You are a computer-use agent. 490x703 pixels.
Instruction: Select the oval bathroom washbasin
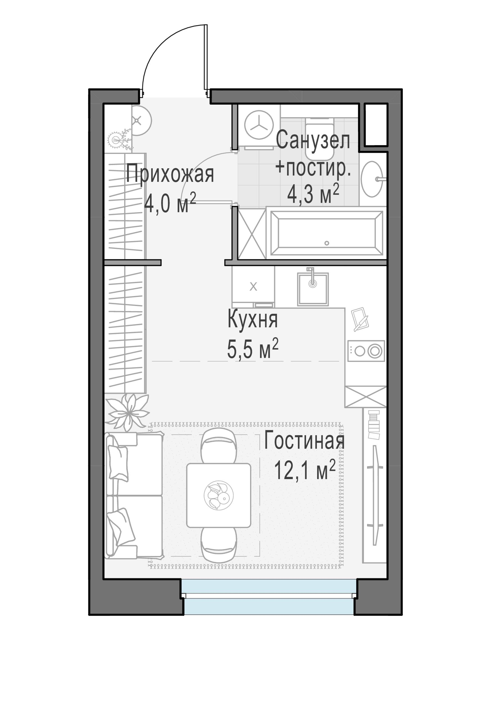[x=372, y=179]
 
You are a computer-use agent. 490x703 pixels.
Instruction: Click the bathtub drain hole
[x=327, y=243]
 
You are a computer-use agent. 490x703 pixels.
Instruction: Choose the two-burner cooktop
[x=366, y=351]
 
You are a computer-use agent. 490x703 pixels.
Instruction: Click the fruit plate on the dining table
[x=218, y=495]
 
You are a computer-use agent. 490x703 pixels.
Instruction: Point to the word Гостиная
[x=304, y=440]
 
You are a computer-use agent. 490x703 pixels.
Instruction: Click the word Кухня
[x=253, y=320]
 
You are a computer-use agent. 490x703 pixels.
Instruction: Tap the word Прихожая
[x=170, y=174]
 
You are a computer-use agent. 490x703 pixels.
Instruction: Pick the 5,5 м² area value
[x=253, y=349]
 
